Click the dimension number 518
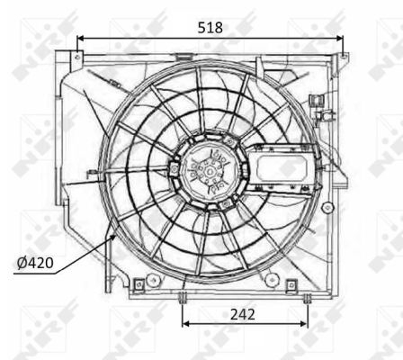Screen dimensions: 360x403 coord(210,27)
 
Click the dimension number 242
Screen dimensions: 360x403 coord(243,314)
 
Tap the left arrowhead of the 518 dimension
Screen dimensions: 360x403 coord(81,39)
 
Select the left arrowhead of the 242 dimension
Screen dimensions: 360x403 coord(186,323)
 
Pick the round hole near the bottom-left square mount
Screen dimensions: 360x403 coord(154,281)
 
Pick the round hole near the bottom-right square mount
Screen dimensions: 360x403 coord(271,281)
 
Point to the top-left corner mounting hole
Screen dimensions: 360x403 coord(76,59)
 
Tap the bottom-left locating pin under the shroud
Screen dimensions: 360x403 coord(183,297)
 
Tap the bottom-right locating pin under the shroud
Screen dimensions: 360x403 coord(306,297)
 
